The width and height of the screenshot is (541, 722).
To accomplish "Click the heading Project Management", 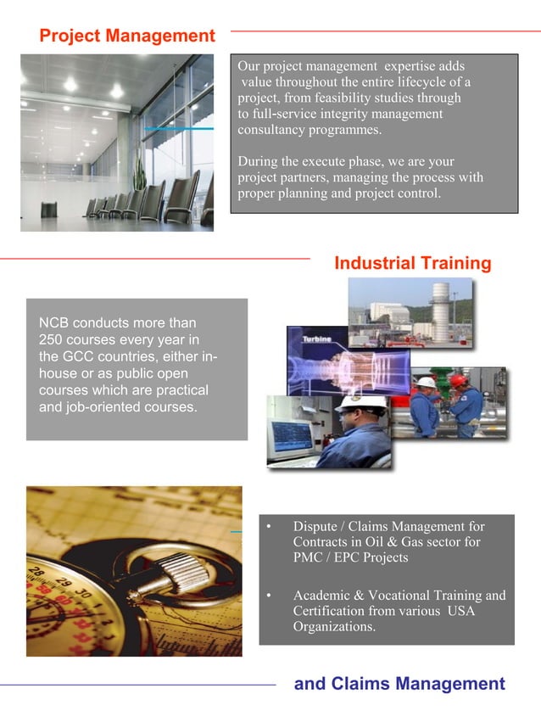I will (127, 36).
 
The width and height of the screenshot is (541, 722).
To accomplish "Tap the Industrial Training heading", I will (413, 263).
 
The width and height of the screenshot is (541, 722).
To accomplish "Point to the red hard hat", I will (459, 380).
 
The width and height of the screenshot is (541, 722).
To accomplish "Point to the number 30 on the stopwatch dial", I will (82, 589).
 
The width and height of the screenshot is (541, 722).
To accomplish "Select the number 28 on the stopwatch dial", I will (38, 569).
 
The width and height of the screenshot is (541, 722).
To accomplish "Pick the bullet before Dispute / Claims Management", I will (269, 527).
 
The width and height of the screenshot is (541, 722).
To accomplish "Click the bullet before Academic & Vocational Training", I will (269, 596).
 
